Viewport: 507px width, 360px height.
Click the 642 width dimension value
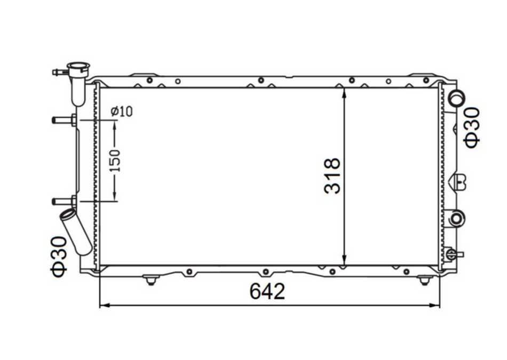coord(267,291)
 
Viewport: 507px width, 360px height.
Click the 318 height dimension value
coord(331,176)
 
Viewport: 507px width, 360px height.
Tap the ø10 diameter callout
coord(121,111)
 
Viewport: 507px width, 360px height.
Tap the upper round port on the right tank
coord(457,98)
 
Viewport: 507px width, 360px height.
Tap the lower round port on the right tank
coord(457,218)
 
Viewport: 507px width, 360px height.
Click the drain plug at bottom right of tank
coord(452,253)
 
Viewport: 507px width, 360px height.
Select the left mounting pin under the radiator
coord(150,279)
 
